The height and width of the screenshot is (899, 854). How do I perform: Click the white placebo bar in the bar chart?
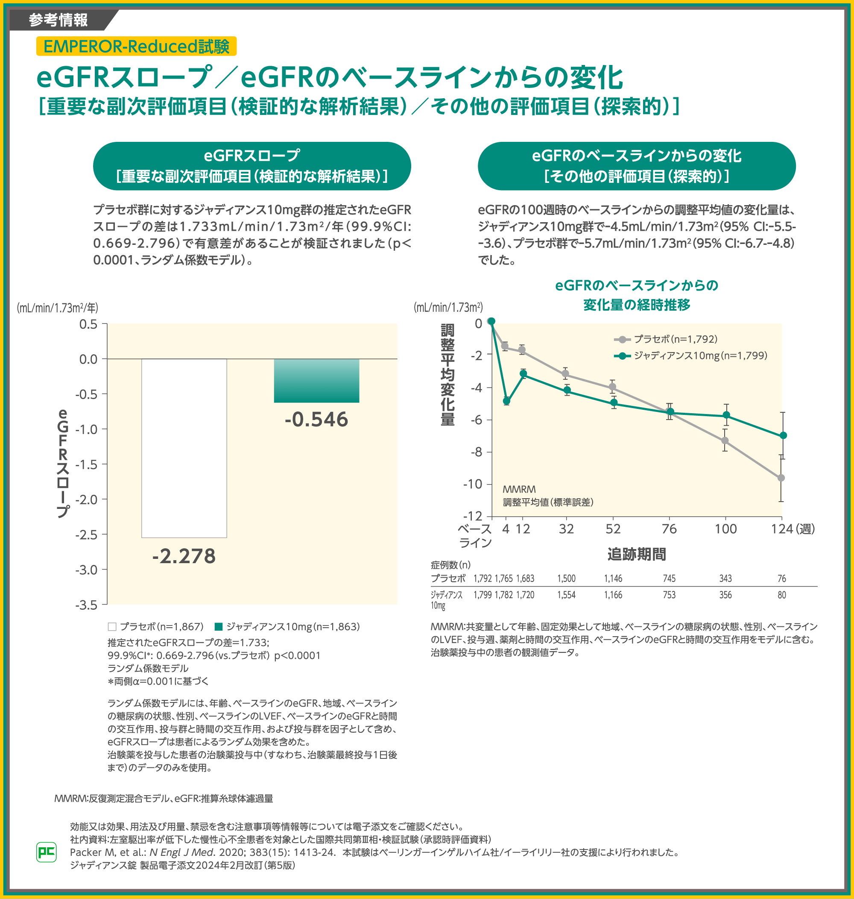pyautogui.click(x=184, y=448)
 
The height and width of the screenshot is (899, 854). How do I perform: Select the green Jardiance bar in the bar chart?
pyautogui.click(x=316, y=381)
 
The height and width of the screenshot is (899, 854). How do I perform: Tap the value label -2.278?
pyautogui.click(x=184, y=556)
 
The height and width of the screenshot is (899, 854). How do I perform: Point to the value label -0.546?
pyautogui.click(x=316, y=420)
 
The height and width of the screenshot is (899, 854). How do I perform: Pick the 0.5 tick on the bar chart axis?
pyautogui.click(x=88, y=324)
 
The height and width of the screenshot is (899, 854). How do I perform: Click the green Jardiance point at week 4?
pyautogui.click(x=506, y=401)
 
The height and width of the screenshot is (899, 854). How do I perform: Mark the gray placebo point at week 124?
pyautogui.click(x=781, y=478)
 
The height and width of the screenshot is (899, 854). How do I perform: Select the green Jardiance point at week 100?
pyautogui.click(x=726, y=415)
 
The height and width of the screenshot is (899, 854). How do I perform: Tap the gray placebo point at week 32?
pyautogui.click(x=565, y=374)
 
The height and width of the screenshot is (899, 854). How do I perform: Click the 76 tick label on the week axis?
pyautogui.click(x=669, y=529)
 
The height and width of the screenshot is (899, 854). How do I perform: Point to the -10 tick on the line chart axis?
pyautogui.click(x=473, y=484)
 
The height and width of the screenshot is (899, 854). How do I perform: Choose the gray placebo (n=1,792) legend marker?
pyautogui.click(x=622, y=339)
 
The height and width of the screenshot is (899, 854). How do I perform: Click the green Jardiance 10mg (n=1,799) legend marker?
pyautogui.click(x=622, y=355)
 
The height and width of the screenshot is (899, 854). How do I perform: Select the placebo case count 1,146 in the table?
pyautogui.click(x=613, y=579)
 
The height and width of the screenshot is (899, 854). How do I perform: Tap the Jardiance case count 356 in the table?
pyautogui.click(x=725, y=595)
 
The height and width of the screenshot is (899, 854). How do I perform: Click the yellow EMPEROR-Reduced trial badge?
pyautogui.click(x=136, y=47)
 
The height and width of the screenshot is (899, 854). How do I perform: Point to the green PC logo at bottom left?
pyautogui.click(x=47, y=852)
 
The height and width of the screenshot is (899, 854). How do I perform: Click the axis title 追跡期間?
pyautogui.click(x=636, y=554)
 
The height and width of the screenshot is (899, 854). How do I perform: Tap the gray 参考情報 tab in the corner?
pyautogui.click(x=59, y=20)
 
